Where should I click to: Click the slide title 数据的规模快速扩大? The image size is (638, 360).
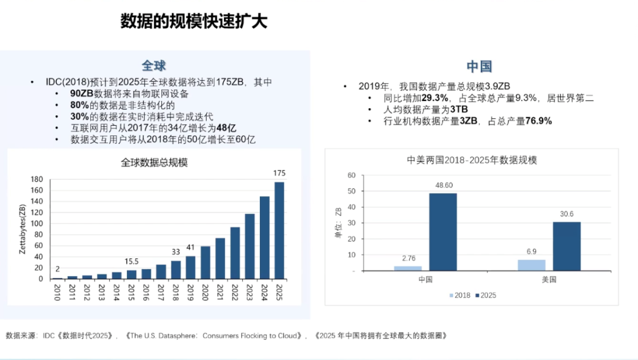[194, 22]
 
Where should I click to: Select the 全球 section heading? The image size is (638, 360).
[154, 65]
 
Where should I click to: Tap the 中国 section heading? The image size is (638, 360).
[479, 66]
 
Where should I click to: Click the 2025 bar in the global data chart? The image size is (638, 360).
[279, 230]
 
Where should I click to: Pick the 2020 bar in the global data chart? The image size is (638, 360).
[205, 262]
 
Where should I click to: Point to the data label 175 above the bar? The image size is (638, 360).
[279, 173]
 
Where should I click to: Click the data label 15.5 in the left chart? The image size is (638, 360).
[132, 261]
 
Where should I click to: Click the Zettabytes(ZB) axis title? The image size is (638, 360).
[22, 229]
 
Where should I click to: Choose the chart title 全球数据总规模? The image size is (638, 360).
[154, 162]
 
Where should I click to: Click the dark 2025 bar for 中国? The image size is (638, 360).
[443, 232]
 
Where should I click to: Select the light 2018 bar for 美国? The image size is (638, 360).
[532, 265]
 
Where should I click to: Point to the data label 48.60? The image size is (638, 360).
[443, 185]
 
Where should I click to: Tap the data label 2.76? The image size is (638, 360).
[408, 258]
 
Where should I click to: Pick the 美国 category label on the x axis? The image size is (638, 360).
[549, 280]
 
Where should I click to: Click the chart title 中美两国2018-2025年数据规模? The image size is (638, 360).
[472, 160]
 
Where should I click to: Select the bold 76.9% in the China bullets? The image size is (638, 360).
[538, 121]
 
